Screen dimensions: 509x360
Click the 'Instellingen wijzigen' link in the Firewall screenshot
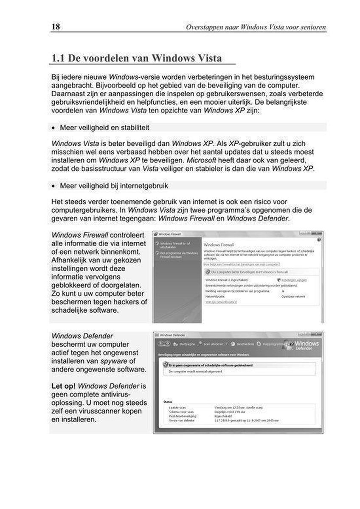click(294, 280)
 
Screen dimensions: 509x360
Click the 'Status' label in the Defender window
click(168, 400)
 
